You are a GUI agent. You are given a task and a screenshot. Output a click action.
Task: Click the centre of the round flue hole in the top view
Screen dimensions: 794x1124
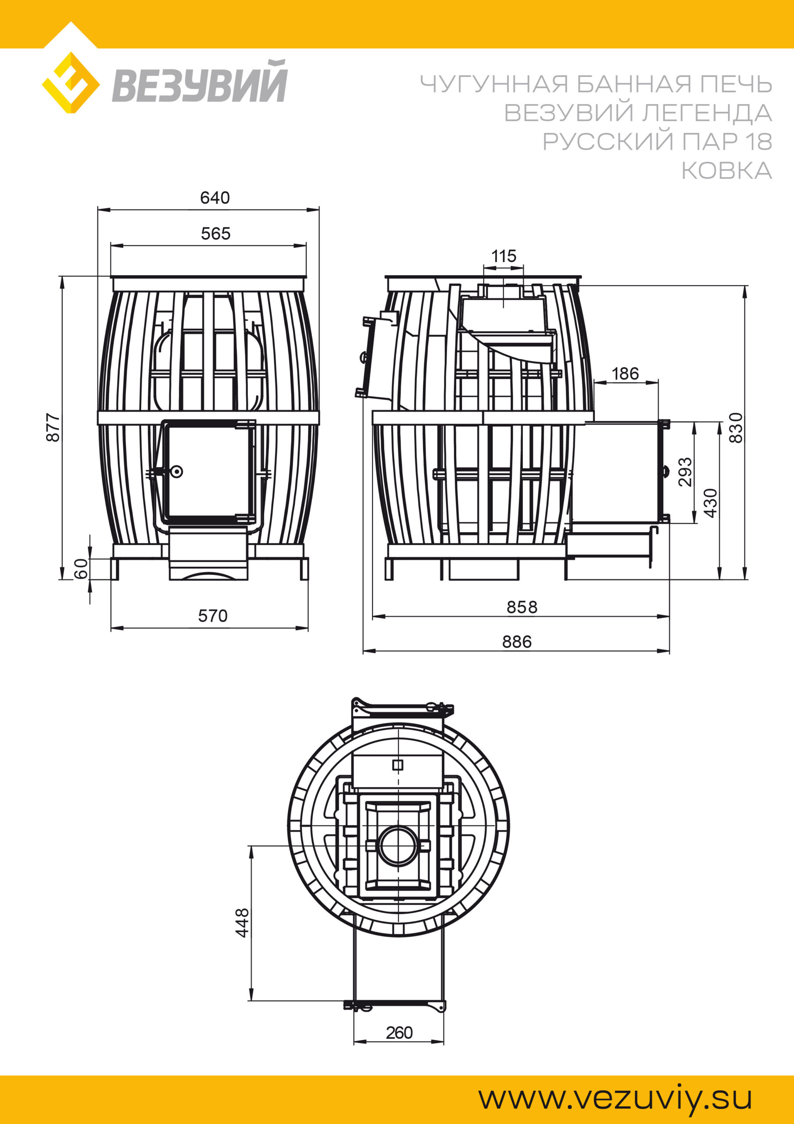398,846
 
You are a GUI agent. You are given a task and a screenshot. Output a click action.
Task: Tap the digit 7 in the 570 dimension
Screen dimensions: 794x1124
212,616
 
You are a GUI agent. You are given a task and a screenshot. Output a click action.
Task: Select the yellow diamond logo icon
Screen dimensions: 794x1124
71,83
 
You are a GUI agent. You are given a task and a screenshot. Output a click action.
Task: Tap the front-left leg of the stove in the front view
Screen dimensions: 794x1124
115,569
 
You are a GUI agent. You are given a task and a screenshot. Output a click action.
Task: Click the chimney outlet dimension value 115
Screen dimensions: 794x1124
504,256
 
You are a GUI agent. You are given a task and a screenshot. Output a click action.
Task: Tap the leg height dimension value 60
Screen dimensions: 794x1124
81,568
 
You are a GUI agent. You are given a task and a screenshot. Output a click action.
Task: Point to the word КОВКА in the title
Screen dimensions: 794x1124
726,171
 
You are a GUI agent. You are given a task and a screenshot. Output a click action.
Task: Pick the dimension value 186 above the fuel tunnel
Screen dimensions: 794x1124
625,374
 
